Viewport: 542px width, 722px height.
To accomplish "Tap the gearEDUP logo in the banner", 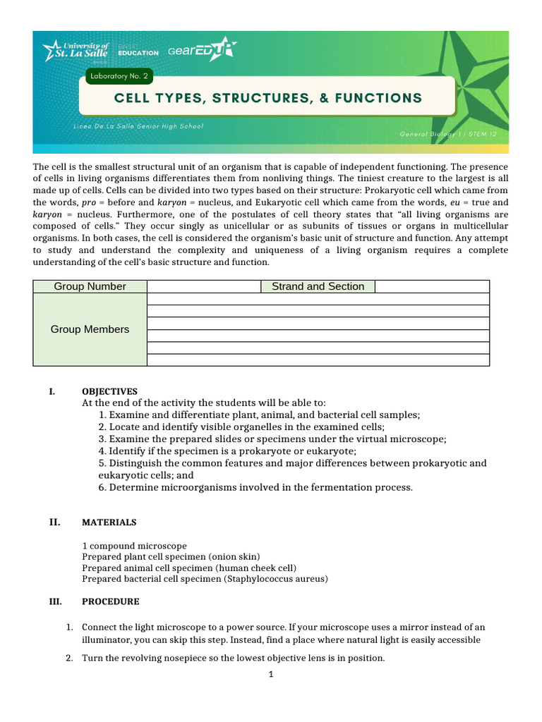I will [202, 50].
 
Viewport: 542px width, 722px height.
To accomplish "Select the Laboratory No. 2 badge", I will [117, 77].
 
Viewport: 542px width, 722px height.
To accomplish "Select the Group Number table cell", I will [90, 286].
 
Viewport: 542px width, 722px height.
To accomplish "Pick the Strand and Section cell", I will [318, 286].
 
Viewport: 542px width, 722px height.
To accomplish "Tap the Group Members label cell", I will [90, 329].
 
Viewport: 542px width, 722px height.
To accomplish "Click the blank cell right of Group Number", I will [203, 286].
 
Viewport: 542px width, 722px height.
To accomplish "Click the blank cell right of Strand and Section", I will [431, 286].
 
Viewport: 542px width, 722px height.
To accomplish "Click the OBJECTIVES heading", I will [109, 391].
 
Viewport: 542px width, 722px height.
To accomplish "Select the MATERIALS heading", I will [109, 522].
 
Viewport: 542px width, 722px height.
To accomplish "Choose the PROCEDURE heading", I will [110, 601].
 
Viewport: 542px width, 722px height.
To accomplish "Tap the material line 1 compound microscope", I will [134, 546].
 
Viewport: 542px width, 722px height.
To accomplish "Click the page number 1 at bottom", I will [270, 674].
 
